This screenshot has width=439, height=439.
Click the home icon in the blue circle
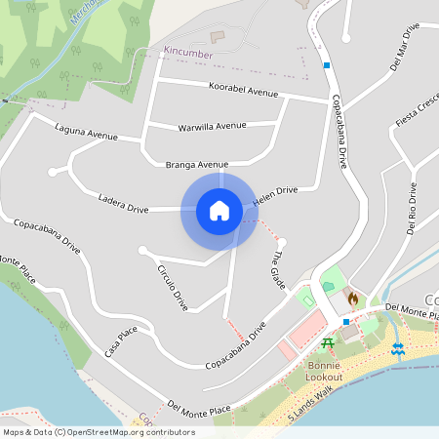[x=219, y=210]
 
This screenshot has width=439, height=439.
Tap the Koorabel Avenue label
[x=243, y=90]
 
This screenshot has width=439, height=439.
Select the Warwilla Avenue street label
[x=212, y=127]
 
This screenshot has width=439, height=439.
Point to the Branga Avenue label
[x=196, y=164]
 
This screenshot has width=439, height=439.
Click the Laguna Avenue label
[x=86, y=132]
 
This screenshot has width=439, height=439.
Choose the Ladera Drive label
[x=123, y=203]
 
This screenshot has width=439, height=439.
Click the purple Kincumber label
[x=188, y=55]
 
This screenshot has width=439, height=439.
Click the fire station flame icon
[x=353, y=297]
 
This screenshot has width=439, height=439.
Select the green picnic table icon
[x=329, y=343]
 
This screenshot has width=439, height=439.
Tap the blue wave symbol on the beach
[x=398, y=348]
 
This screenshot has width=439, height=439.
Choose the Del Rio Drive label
[x=412, y=208]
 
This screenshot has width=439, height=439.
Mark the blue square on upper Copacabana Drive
[x=327, y=65]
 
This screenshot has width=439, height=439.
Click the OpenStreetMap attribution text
[x=99, y=432]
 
